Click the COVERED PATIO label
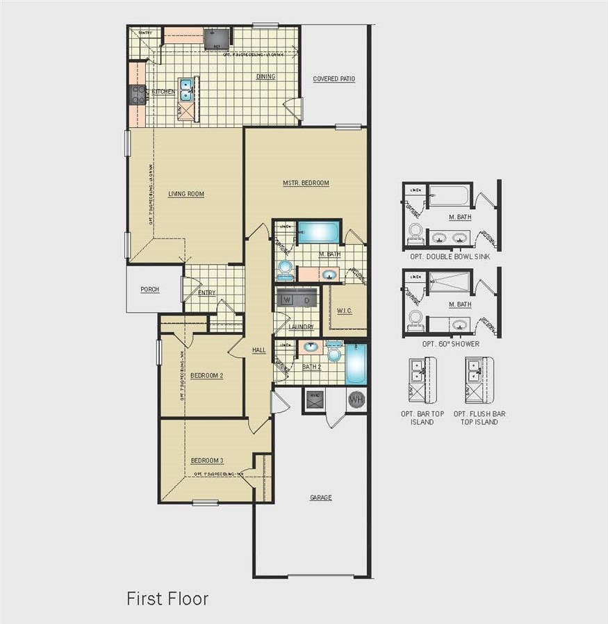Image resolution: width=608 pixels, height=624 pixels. (334, 79)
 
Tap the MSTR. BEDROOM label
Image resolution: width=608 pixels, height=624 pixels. (306, 183)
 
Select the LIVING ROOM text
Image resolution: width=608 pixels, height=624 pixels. (186, 194)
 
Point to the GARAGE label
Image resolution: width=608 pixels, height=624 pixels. (320, 498)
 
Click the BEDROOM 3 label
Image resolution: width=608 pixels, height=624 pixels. (207, 460)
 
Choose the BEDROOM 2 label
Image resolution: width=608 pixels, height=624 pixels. (207, 376)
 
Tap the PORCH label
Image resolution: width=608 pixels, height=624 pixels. (149, 290)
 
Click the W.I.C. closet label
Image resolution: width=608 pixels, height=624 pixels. (344, 310)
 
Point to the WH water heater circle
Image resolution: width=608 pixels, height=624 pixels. (356, 400)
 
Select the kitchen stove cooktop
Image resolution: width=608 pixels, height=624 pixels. (136, 95)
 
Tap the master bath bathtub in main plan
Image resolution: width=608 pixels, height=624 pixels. (318, 232)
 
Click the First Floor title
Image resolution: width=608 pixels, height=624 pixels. (167, 598)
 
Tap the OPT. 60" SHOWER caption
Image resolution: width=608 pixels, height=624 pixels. (450, 343)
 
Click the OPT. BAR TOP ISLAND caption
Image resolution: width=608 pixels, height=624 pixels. (422, 418)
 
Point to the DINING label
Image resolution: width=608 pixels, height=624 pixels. (265, 76)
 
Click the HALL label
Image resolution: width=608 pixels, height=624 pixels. (259, 350)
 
